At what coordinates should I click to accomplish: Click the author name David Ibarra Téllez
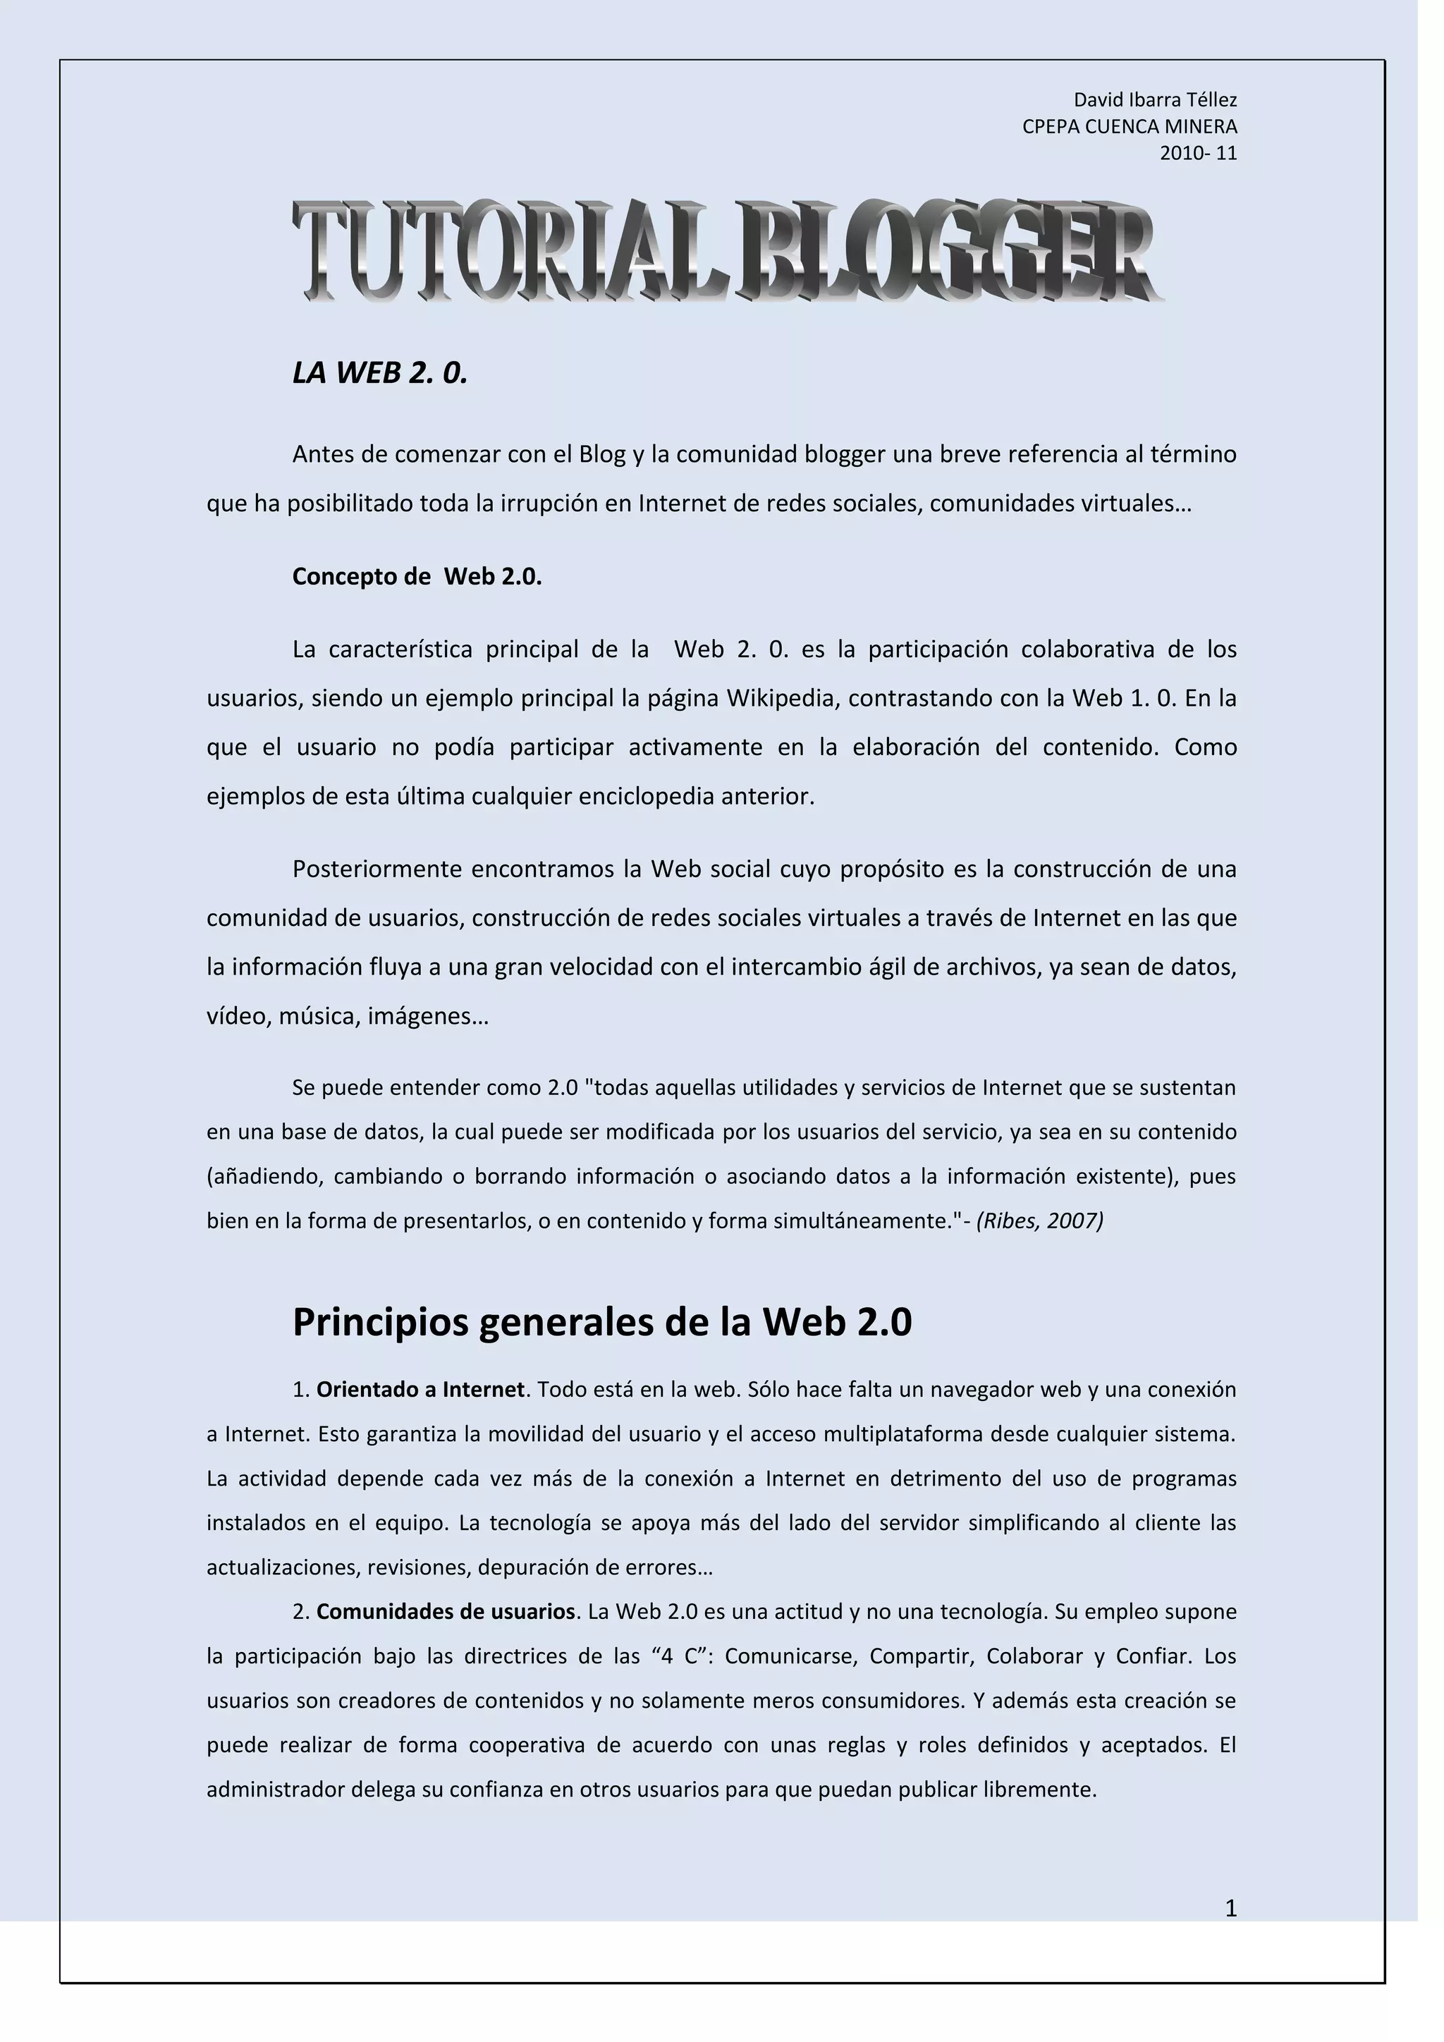(x=1155, y=99)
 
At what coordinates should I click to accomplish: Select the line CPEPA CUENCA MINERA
(x=1130, y=126)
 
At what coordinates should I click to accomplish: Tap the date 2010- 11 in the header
(x=1198, y=153)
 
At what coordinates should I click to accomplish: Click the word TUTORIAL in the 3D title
(x=511, y=251)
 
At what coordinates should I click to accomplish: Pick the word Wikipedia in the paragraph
(x=783, y=698)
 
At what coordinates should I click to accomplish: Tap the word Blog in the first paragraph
(x=602, y=455)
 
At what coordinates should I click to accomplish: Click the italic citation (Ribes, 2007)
(x=1039, y=1221)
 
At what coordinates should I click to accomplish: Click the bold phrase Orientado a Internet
(x=420, y=1389)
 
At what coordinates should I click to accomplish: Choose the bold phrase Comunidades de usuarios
(x=446, y=1612)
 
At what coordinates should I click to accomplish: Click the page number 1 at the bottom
(x=1230, y=1908)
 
